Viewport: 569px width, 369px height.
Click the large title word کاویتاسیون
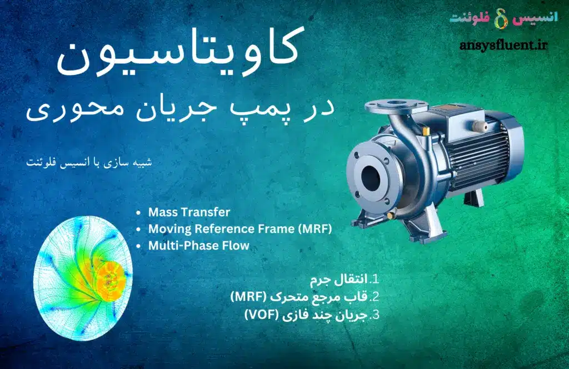point(178,53)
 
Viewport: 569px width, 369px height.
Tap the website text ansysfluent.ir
point(503,46)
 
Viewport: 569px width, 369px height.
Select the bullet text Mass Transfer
point(189,212)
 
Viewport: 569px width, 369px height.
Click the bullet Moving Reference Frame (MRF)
point(240,229)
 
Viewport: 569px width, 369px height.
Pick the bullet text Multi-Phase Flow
point(199,245)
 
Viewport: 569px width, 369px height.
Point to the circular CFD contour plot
point(83,279)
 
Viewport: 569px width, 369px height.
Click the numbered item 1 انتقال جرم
point(345,280)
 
